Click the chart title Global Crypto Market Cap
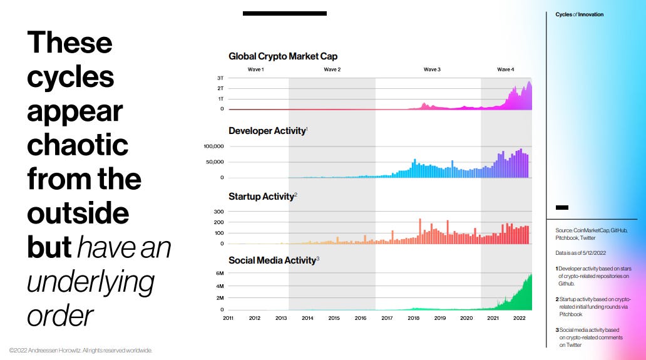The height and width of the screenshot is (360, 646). point(283,56)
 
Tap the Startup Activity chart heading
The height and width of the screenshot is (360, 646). point(261,197)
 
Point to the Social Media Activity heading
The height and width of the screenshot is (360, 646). point(272,260)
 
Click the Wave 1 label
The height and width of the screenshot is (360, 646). point(255,69)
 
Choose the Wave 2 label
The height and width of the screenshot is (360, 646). point(332,69)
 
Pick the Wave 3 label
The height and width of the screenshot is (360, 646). point(431,69)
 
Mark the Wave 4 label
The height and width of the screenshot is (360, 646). point(505,69)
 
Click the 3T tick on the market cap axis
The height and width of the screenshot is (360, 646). point(220,78)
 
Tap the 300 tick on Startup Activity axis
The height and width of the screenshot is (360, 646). point(218,212)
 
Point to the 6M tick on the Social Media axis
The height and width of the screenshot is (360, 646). point(220,274)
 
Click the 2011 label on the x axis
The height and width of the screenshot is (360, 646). point(228,318)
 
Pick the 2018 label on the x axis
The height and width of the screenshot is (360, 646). point(414,318)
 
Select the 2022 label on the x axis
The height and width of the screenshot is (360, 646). point(520,318)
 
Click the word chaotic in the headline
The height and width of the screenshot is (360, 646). point(78,145)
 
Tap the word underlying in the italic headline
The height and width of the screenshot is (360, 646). point(90,282)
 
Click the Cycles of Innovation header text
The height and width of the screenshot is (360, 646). point(579,14)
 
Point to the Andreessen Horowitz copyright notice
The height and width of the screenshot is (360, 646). point(81,350)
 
